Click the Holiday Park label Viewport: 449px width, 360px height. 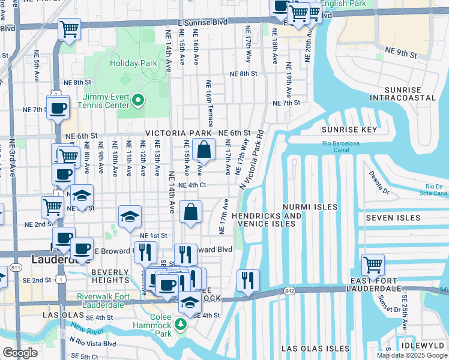tap(133, 62)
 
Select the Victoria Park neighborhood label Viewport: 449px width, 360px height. tap(178, 133)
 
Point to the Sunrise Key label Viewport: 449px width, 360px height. tap(349, 130)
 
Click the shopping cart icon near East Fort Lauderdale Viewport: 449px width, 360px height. tap(373, 265)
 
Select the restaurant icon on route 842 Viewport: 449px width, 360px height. tap(247, 280)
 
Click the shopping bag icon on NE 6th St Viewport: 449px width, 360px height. tap(204, 149)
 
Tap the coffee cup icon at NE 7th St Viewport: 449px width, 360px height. tap(58, 109)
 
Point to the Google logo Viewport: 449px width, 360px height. tap(20, 353)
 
